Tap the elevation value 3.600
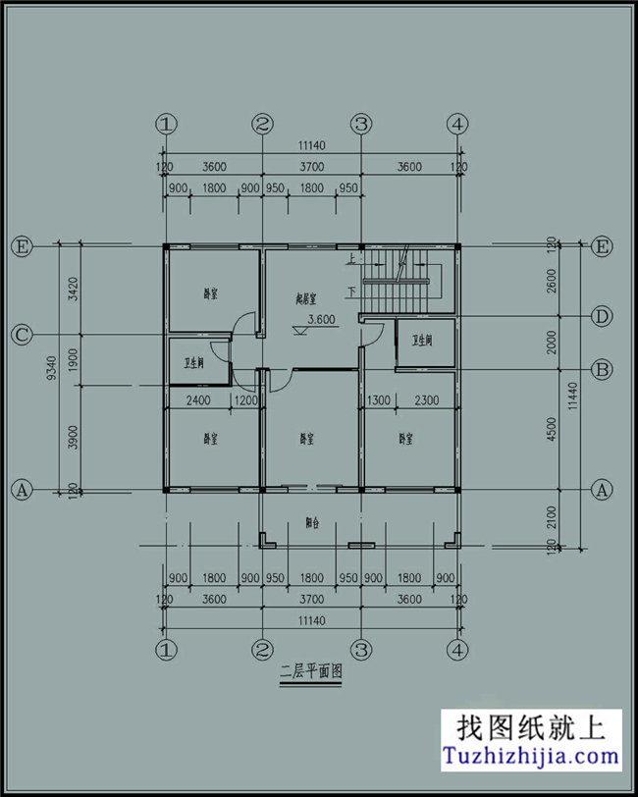(x=322, y=319)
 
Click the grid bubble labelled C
(x=21, y=335)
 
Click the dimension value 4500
(x=553, y=429)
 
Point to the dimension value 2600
(x=553, y=280)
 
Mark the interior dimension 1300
(x=378, y=400)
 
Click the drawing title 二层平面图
(x=310, y=672)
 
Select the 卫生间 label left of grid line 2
(x=193, y=363)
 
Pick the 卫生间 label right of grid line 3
(x=423, y=341)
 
